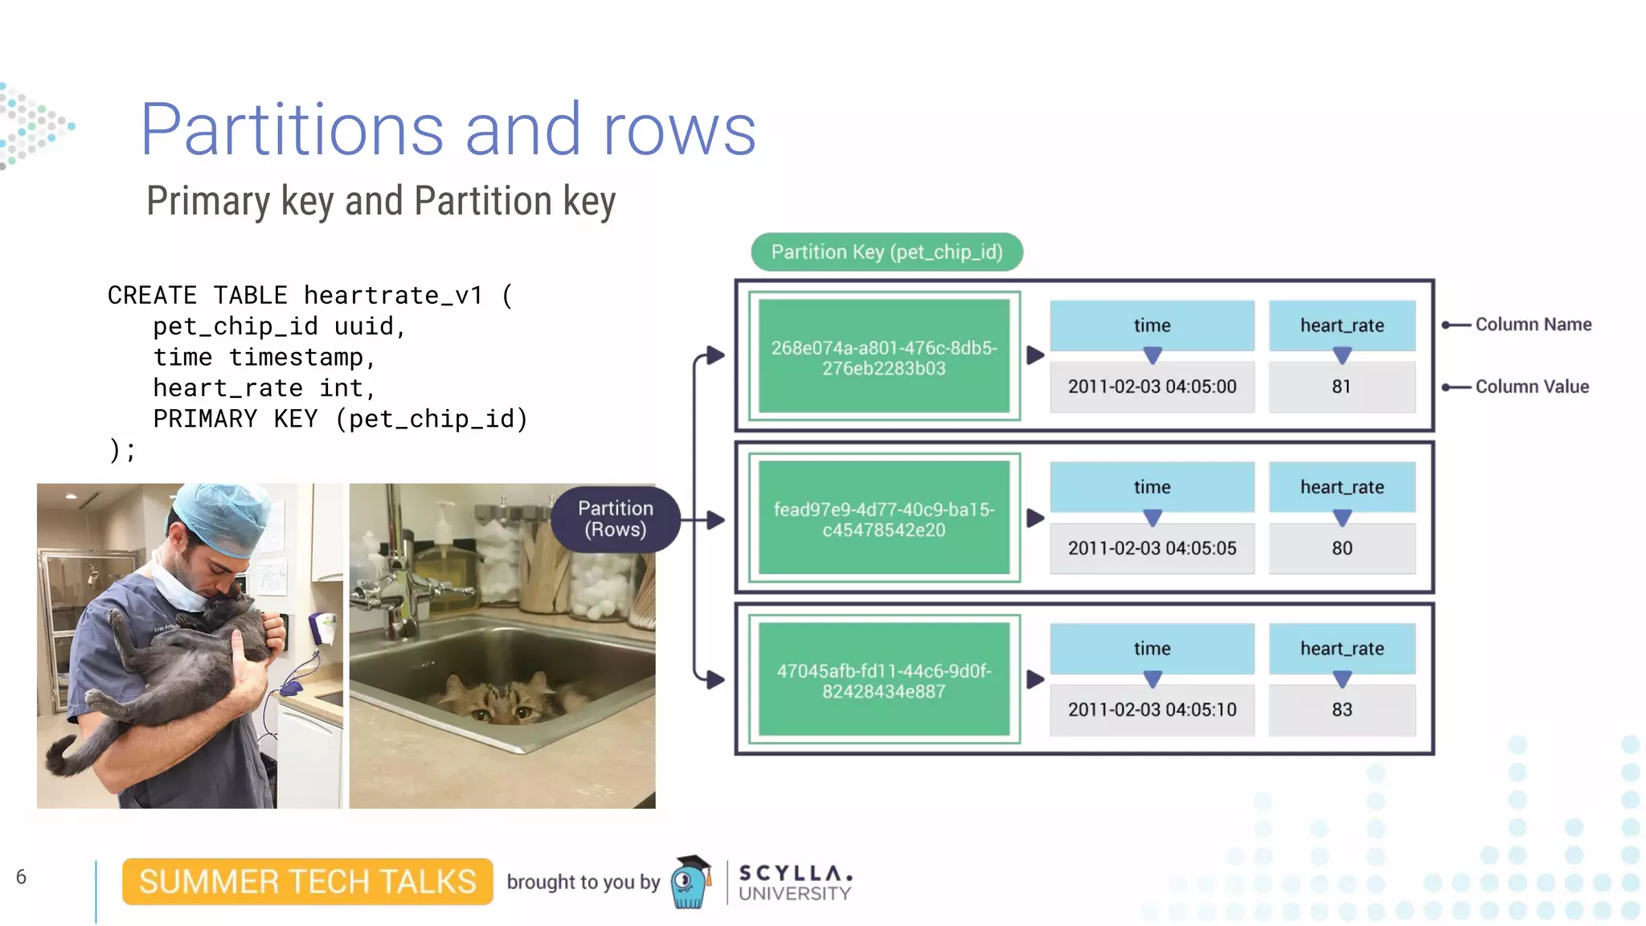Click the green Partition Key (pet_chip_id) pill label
point(886,252)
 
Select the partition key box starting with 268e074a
point(883,357)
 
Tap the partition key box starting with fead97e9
point(883,518)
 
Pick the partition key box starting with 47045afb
point(883,680)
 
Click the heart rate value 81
point(1341,387)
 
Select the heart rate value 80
point(1341,548)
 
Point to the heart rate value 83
point(1341,710)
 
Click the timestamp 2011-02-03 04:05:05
point(1152,548)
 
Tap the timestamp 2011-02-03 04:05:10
point(1152,710)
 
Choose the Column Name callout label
point(1533,325)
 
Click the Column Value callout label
point(1532,387)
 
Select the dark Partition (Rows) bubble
point(615,518)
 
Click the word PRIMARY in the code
point(205,419)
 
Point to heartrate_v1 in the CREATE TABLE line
point(393,295)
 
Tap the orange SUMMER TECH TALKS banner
point(307,882)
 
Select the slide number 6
point(21,877)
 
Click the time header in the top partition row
point(1152,326)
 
